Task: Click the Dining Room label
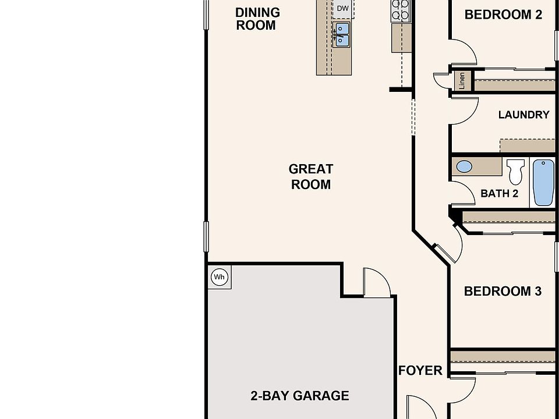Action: (257, 19)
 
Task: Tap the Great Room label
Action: (311, 176)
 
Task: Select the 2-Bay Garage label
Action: (300, 396)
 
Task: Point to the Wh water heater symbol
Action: (220, 277)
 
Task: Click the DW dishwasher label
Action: (342, 8)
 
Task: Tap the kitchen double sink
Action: (341, 34)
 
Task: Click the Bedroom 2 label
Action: (503, 15)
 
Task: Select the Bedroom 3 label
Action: (503, 291)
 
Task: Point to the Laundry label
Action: (523, 115)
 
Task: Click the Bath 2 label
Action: (499, 193)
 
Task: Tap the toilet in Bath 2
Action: (515, 172)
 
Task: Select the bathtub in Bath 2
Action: (543, 182)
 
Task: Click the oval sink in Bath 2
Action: (464, 166)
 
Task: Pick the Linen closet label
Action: (462, 81)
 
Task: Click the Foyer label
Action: (420, 371)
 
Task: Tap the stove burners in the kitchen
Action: (401, 10)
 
